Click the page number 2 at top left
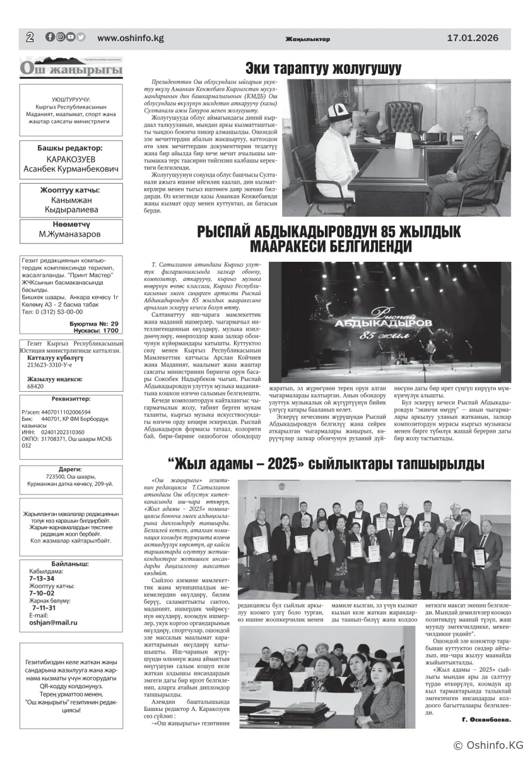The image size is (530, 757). coord(30,37)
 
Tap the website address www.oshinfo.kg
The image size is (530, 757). coord(131,38)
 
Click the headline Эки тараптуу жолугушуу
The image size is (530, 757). coord(323,68)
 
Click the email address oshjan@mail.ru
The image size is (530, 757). coord(53,622)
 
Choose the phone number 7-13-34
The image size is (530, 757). coord(42,578)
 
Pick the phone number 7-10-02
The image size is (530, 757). coord(42,593)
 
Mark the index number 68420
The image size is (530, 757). coord(35,386)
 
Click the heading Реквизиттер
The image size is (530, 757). coord(71,399)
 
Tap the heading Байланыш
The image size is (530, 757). coord(70,563)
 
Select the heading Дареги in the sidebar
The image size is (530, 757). coord(70,469)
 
